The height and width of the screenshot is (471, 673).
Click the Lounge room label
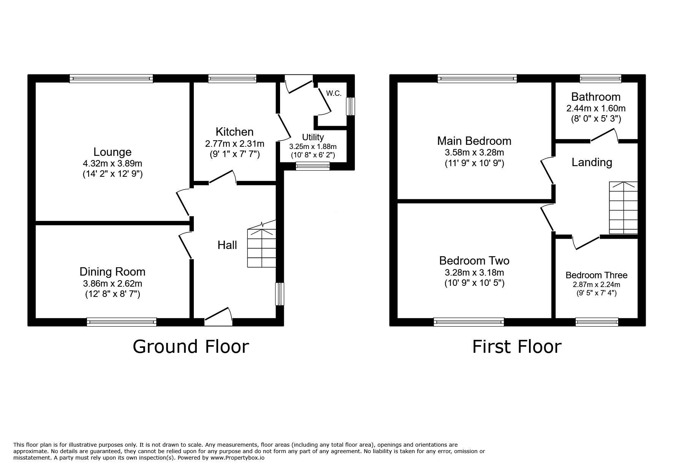(x=112, y=152)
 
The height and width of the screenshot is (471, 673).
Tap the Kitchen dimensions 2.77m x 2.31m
(x=234, y=144)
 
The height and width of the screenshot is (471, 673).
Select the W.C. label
(x=334, y=94)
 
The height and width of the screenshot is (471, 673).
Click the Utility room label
(x=313, y=137)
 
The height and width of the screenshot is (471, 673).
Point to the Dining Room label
(x=112, y=272)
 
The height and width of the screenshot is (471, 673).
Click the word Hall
(x=227, y=245)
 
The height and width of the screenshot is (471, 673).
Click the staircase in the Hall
(x=261, y=248)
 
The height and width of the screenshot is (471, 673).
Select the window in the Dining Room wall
(x=122, y=322)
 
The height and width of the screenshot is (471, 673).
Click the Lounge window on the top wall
(x=111, y=79)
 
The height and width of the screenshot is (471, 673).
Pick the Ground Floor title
(x=191, y=347)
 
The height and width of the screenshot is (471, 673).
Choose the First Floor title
(x=516, y=347)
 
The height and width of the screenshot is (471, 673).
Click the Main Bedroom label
(x=474, y=141)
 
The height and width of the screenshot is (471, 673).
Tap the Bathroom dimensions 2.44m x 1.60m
(x=596, y=108)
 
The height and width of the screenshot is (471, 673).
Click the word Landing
(x=592, y=163)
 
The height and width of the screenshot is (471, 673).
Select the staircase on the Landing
(x=623, y=208)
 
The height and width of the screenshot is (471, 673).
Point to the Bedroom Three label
(x=596, y=275)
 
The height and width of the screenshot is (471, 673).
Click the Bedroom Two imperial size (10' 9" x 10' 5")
(x=474, y=283)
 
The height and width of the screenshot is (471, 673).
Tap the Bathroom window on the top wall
(x=600, y=79)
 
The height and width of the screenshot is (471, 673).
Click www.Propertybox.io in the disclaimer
(x=237, y=458)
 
